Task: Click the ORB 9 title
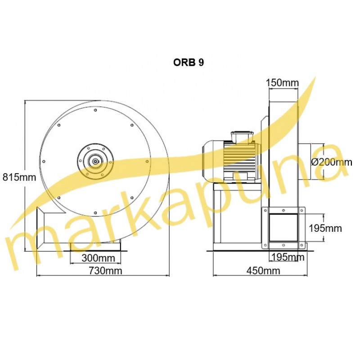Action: tap(189, 63)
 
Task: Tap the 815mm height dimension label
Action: tap(19, 177)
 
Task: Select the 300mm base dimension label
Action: tap(98, 258)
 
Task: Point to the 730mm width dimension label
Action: tap(105, 271)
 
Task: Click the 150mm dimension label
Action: tap(283, 83)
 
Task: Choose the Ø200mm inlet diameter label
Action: tap(332, 162)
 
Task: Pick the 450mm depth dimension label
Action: tap(263, 271)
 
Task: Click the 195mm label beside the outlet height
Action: tap(325, 228)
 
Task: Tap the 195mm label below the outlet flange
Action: tap(288, 257)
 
